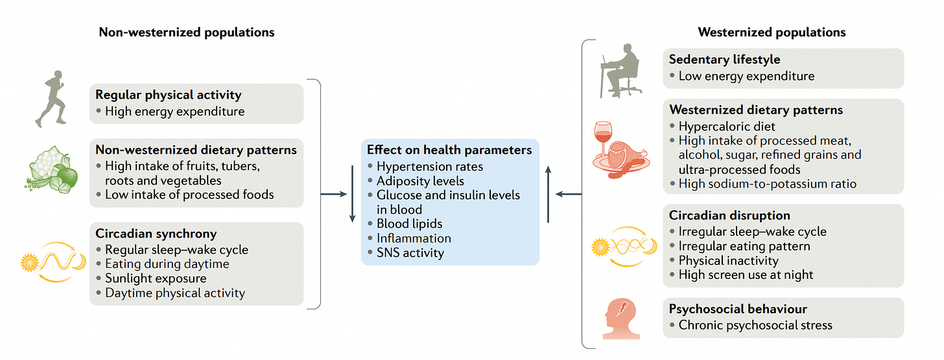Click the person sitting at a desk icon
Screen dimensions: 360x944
point(619,71)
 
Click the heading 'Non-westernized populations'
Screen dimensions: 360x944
point(186,32)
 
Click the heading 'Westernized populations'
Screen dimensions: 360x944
point(772,32)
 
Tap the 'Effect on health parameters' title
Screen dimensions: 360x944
point(449,150)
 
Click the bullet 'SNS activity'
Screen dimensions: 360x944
point(410,253)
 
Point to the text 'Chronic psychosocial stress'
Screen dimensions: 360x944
point(755,325)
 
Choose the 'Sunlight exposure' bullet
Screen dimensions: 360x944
point(156,278)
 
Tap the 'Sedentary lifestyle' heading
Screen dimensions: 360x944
point(724,59)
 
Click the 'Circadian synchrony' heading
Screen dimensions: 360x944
point(156,234)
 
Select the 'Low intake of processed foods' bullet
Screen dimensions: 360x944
point(189,195)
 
